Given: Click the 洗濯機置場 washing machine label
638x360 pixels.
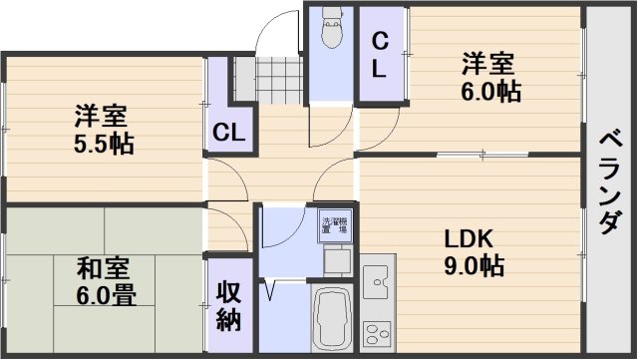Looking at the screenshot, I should (x=333, y=225).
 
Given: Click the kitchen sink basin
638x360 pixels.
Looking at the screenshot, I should (x=378, y=284).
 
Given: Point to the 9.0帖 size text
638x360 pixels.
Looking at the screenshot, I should (x=474, y=266).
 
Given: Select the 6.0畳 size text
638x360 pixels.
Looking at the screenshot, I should (x=104, y=295).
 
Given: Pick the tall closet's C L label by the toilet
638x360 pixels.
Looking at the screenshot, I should (x=380, y=54).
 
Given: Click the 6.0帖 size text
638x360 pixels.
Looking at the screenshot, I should (x=488, y=91).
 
